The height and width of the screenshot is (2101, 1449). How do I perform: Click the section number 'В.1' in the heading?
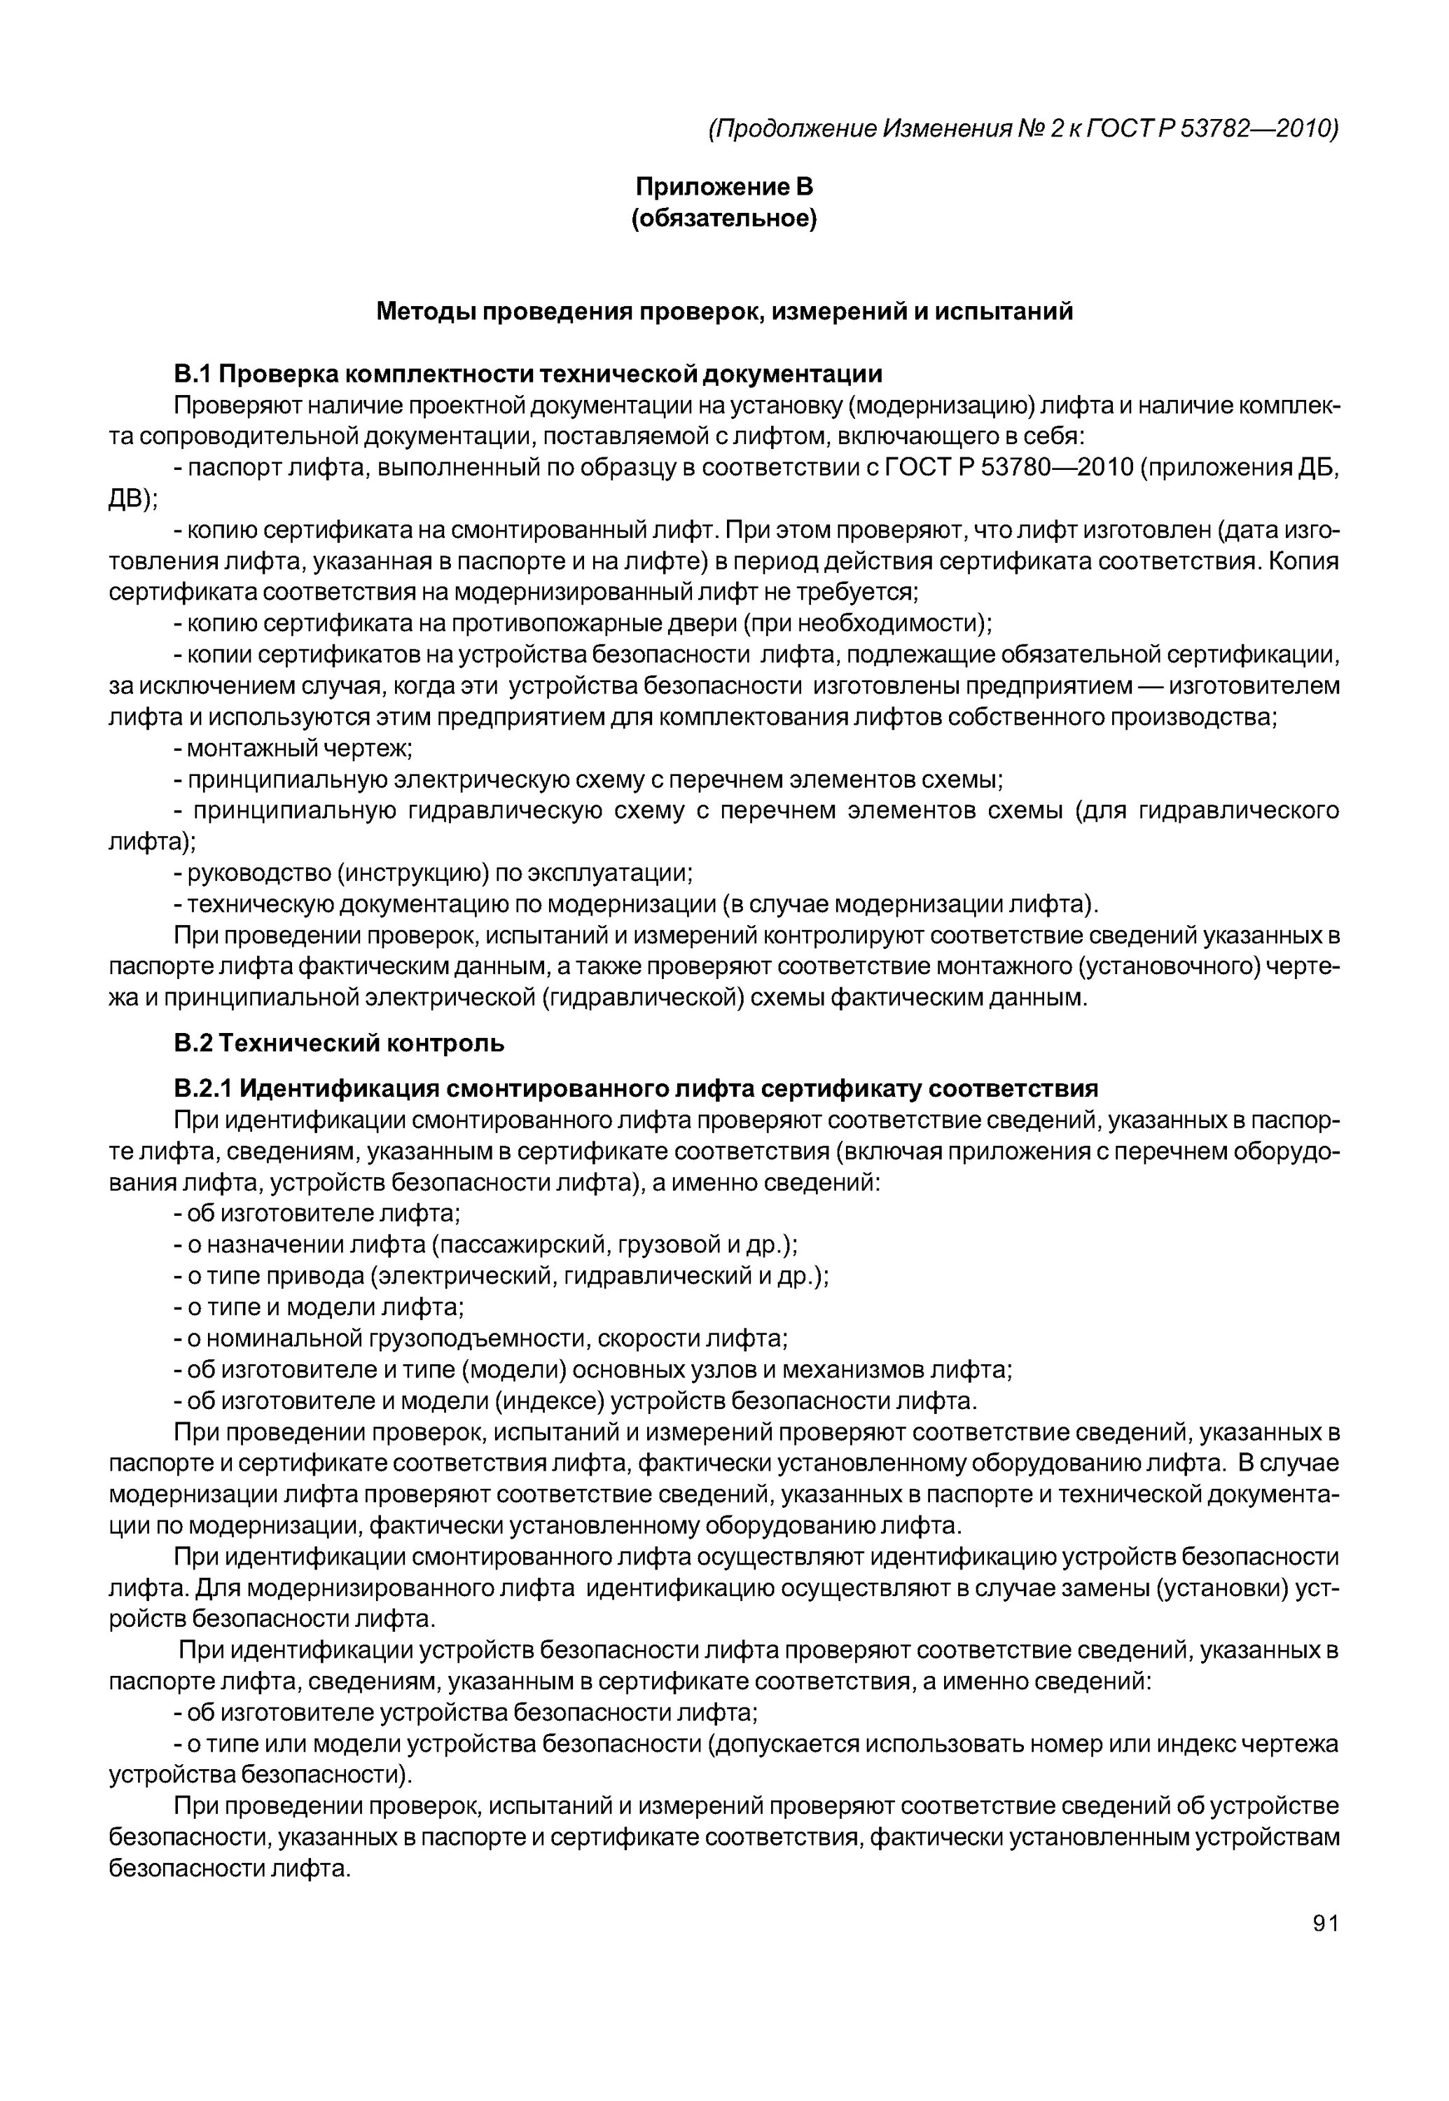pos(192,374)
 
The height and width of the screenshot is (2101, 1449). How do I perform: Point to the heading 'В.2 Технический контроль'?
pos(339,1043)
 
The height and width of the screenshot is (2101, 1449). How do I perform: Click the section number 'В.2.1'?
pos(204,1088)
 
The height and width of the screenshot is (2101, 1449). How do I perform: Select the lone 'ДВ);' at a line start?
pos(132,499)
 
